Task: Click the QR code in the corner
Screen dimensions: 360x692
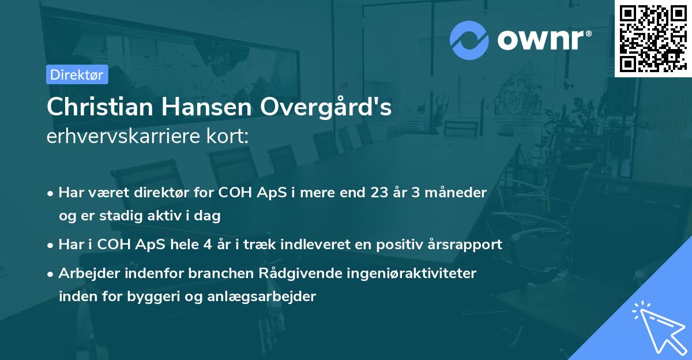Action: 653,38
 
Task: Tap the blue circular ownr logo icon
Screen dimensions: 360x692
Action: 469,40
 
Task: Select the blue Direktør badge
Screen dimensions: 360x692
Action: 77,74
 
